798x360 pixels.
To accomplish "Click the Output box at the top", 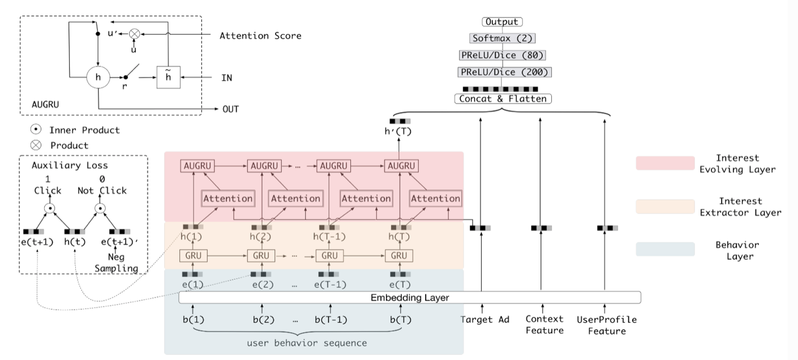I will (x=502, y=22).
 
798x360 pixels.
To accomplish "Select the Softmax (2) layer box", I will (x=502, y=38).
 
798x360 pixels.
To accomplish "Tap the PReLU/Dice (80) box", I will (x=502, y=55).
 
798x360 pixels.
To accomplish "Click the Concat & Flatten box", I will (x=502, y=99).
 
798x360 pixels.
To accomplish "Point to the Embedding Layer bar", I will (x=409, y=297).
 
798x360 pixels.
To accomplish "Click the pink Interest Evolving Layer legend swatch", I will (x=665, y=164).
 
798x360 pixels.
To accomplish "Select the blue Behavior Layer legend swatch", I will (x=665, y=249).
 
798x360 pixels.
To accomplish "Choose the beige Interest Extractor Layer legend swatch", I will (x=665, y=207).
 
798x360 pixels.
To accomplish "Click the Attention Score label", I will (x=260, y=36).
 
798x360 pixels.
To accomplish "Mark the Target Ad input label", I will (x=486, y=320).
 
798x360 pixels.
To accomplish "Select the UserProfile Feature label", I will (x=606, y=325).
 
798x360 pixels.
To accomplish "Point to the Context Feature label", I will (x=544, y=325).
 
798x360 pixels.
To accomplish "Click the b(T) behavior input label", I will (x=401, y=320).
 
